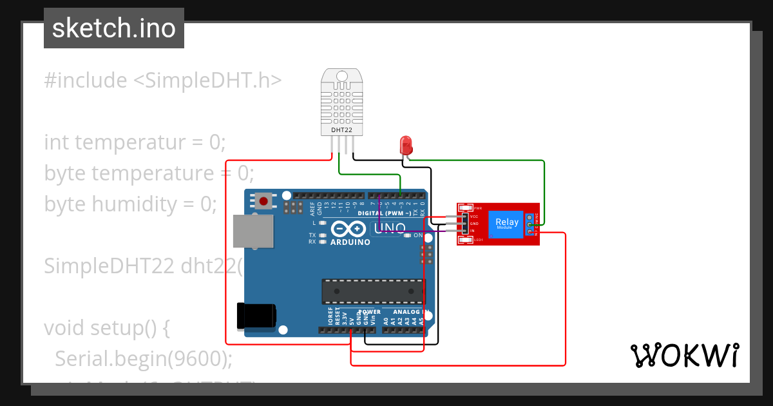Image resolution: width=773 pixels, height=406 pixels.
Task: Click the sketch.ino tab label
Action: (113, 28)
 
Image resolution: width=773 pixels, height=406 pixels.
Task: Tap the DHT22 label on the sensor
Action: (341, 130)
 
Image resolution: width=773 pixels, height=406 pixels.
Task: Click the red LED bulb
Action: (406, 143)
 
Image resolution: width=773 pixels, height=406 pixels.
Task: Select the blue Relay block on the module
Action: (506, 224)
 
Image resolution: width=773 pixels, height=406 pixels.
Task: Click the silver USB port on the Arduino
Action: (252, 231)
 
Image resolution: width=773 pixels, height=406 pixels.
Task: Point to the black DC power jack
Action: (256, 315)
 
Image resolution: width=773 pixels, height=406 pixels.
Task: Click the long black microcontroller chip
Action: (373, 291)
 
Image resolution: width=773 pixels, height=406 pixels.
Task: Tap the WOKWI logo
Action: (684, 355)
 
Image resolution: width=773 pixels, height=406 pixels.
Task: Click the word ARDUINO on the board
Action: (350, 242)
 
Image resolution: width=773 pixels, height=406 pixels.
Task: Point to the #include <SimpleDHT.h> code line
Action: (163, 81)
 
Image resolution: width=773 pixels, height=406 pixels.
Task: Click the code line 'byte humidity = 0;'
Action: (131, 204)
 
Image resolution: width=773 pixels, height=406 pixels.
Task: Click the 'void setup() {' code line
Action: (107, 328)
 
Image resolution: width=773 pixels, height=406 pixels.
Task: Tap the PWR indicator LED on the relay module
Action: (465, 208)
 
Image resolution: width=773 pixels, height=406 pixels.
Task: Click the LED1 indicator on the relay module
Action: (465, 240)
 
